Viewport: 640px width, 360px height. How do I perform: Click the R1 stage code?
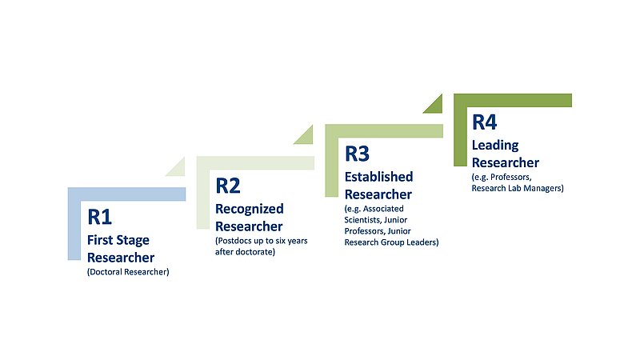pyautogui.click(x=102, y=217)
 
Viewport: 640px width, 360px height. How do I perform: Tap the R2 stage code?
pyautogui.click(x=228, y=186)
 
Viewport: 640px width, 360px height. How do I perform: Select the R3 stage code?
pyautogui.click(x=358, y=153)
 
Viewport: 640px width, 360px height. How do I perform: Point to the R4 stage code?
pyautogui.click(x=484, y=122)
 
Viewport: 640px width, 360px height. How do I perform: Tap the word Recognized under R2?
pyautogui.click(x=250, y=209)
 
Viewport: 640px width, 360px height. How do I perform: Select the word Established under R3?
pyautogui.click(x=378, y=176)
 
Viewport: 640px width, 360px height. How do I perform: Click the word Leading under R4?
pyautogui.click(x=495, y=145)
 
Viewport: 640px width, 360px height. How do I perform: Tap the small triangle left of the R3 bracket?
pyautogui.click(x=305, y=135)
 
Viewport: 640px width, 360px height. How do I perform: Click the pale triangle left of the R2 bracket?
pyautogui.click(x=175, y=166)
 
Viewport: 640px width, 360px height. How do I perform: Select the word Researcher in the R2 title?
pyautogui.click(x=249, y=225)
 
